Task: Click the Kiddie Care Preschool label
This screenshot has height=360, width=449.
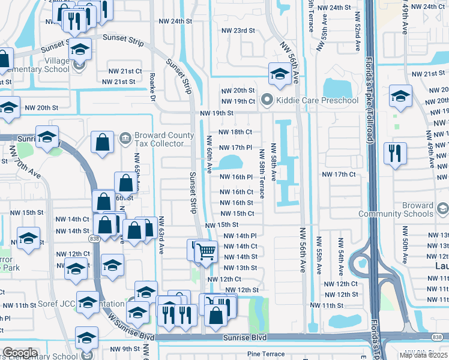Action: [318, 100]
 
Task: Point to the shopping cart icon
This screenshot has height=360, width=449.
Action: [206, 251]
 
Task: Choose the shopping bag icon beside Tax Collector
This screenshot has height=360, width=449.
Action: [102, 143]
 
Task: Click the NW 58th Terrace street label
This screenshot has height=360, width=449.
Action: [262, 173]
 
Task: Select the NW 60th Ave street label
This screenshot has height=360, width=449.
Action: [209, 154]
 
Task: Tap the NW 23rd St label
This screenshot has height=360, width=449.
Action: [238, 31]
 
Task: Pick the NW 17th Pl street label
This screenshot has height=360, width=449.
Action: [235, 147]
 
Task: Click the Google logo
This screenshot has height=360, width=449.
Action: [20, 353]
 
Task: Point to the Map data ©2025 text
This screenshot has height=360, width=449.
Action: [423, 355]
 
